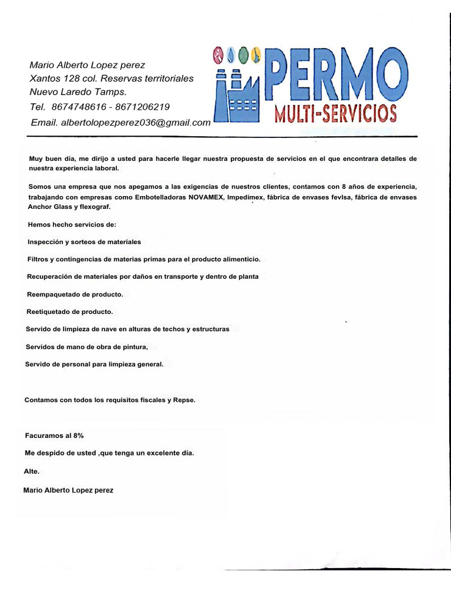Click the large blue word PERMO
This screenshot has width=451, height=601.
336,75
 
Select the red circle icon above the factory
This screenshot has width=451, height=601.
218,55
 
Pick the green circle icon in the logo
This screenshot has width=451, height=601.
243,55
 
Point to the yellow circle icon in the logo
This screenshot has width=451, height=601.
255,55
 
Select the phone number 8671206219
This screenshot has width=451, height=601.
143,107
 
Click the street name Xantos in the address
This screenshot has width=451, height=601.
44,79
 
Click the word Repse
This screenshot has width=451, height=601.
184,400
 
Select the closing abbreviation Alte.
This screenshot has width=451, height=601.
31,472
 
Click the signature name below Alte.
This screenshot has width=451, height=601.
68,490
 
